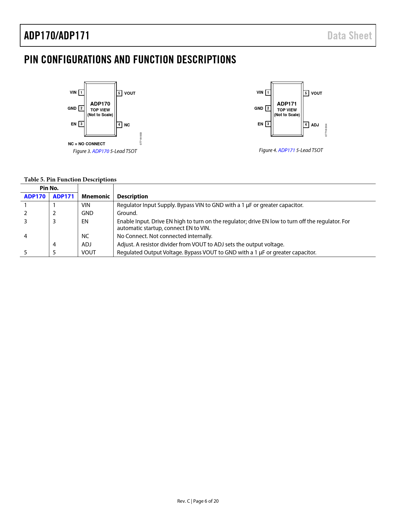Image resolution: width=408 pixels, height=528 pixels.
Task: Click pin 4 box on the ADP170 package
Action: pos(119,125)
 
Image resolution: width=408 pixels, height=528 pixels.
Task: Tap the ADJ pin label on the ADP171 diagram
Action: pos(315,125)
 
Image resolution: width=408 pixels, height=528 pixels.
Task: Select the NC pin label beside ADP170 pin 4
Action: pos(127,125)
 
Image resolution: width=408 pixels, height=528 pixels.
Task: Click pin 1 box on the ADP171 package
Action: pos(268,92)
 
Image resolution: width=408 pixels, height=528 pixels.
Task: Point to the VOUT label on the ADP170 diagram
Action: pos(130,93)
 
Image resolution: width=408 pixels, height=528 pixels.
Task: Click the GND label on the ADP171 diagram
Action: pos(259,108)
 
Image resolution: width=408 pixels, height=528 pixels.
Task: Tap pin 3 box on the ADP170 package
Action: pos(82,124)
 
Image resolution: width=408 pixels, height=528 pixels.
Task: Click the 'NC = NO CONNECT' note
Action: pos(86,144)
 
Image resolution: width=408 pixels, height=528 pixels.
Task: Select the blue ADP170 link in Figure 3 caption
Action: pos(100,151)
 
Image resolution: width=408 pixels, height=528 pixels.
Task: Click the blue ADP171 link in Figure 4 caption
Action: pos(286,150)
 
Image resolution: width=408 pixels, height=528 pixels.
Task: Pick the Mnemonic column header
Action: pos(96,196)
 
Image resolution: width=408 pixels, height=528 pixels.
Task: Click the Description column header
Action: pos(132,196)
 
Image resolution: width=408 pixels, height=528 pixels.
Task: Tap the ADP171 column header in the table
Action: pos(63,196)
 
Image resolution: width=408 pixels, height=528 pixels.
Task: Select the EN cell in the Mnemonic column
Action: pos(85,221)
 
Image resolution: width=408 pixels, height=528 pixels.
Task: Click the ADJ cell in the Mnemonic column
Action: pos(86,244)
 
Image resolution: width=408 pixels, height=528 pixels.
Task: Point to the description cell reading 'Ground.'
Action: pos(127,213)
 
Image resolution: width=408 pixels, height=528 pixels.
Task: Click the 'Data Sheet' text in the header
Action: pos(349,36)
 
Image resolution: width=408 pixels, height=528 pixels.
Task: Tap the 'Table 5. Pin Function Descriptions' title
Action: pos(70,180)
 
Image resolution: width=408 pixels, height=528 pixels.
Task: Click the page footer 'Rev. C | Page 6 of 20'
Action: pos(198,501)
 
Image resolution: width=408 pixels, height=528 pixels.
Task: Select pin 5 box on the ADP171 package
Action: pos(306,93)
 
